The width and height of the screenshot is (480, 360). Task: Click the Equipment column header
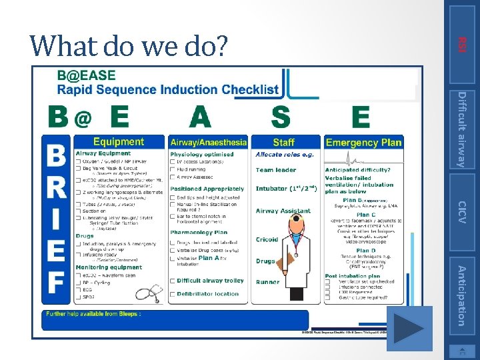click(119, 142)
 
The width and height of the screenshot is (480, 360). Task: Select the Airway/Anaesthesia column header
click(209, 142)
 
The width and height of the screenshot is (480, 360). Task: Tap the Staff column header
click(284, 142)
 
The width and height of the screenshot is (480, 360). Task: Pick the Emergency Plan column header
click(363, 142)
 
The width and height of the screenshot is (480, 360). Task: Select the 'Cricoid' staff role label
click(267, 240)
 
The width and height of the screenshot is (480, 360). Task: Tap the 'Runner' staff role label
click(268, 282)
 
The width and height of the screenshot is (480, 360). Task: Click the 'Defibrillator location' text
click(208, 293)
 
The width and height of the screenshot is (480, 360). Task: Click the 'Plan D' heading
click(366, 251)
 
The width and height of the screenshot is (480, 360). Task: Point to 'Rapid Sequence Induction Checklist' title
click(168, 90)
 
